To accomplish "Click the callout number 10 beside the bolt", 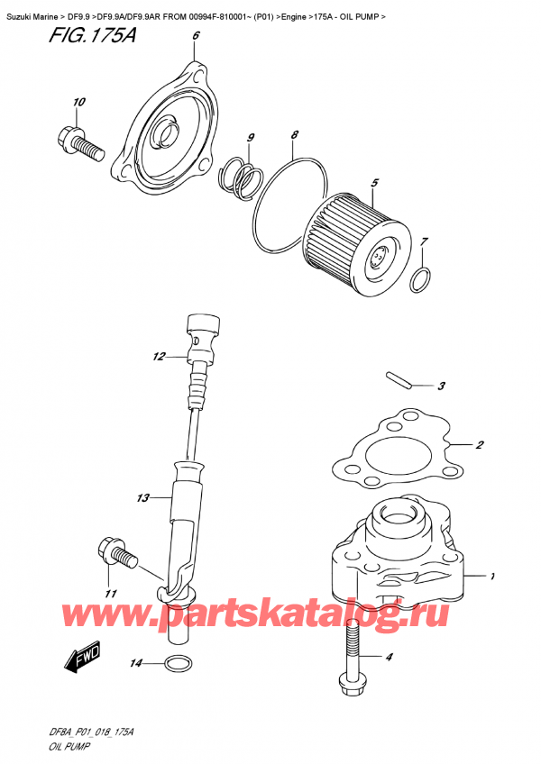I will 78,102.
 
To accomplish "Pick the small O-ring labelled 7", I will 420,280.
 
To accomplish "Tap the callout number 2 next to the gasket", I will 481,445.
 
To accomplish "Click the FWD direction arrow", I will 80,660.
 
